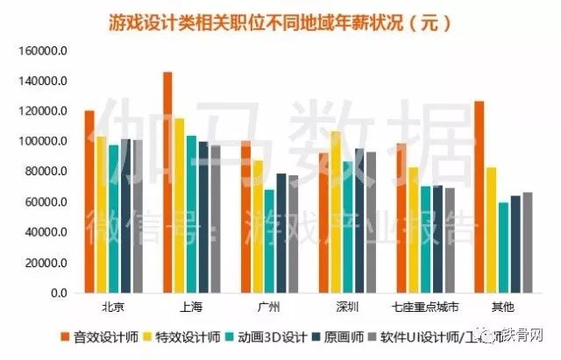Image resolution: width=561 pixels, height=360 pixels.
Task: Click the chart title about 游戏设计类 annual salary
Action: pyautogui.click(x=280, y=20)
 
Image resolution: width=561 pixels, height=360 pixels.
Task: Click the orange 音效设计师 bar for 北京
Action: pyautogui.click(x=89, y=201)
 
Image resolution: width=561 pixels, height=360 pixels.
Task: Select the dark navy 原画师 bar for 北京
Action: pyautogui.click(x=125, y=215)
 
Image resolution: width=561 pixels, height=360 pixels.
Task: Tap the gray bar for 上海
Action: pyautogui.click(x=216, y=219)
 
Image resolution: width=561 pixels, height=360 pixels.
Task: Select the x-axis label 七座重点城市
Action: pyautogui.click(x=425, y=307)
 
